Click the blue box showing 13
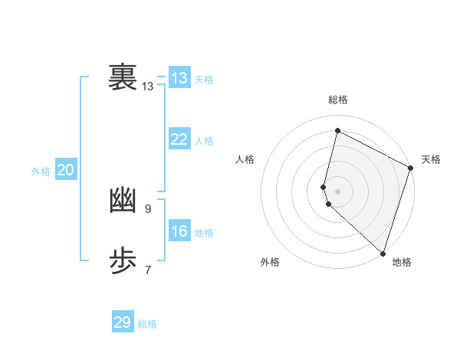tap(179, 78)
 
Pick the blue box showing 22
tap(179, 139)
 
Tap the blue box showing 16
tap(179, 231)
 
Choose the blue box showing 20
tap(65, 170)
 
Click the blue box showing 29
tap(123, 322)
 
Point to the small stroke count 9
tap(148, 208)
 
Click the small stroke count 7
tap(148, 270)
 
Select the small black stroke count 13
tap(148, 87)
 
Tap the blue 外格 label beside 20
tap(41, 172)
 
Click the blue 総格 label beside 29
tap(147, 324)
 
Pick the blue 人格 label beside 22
tap(204, 141)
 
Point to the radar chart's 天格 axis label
tap(431, 159)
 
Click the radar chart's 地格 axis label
tap(402, 262)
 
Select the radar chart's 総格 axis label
tap(338, 100)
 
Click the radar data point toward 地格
tap(383, 252)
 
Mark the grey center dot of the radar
tap(338, 191)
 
